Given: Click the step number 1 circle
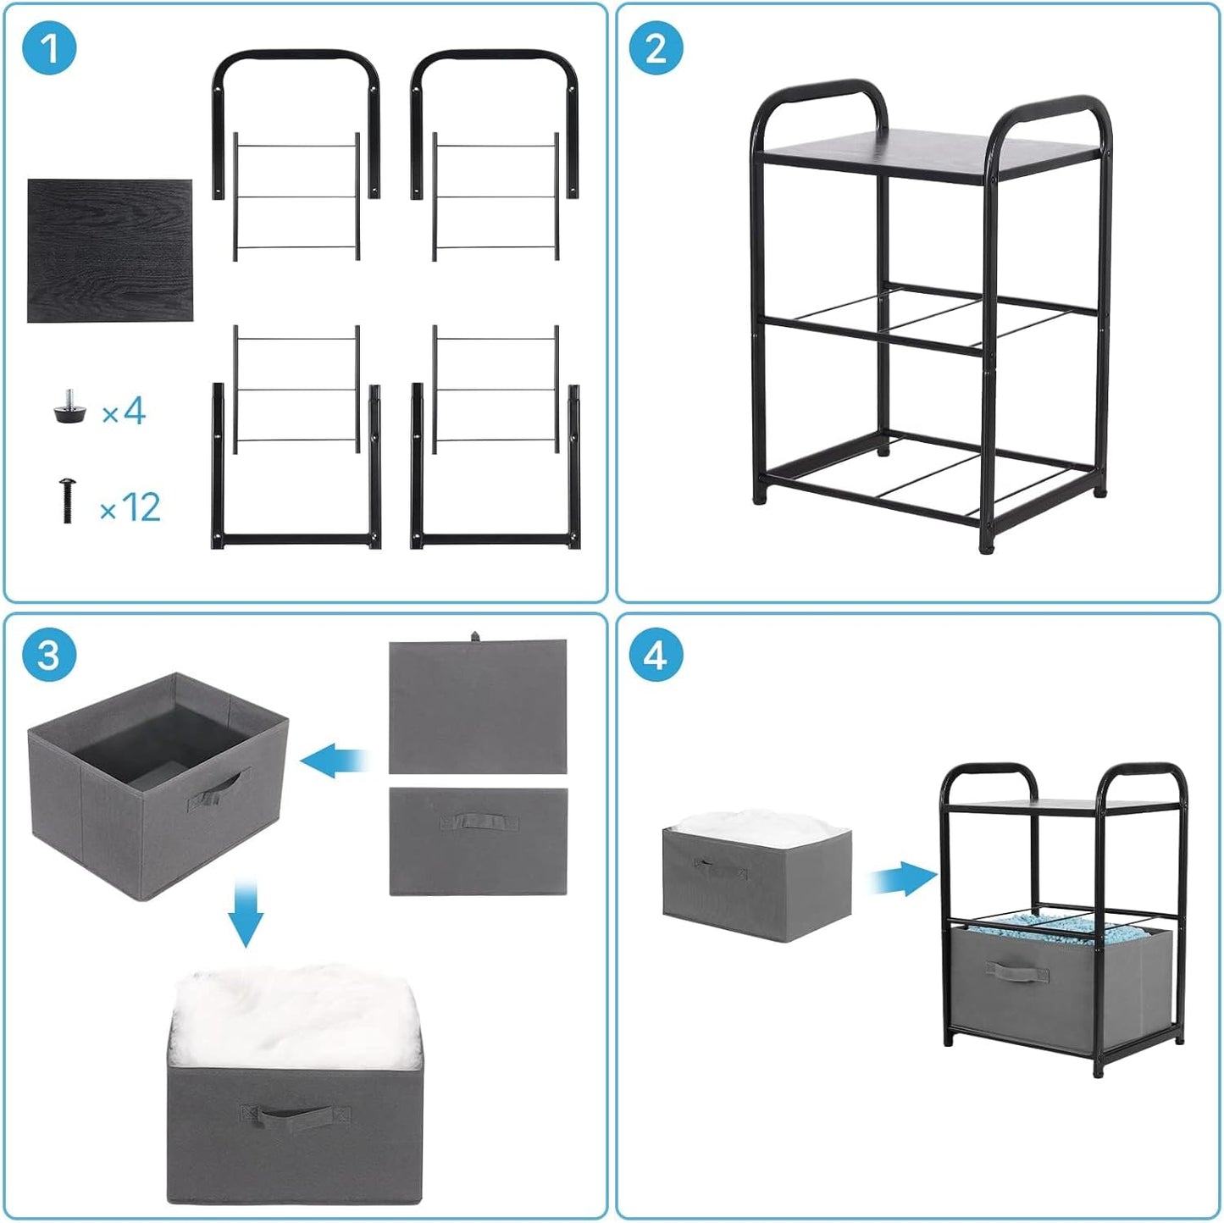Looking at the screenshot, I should (49, 48).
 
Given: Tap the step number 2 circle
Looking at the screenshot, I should (656, 48).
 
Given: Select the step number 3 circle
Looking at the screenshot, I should (49, 655).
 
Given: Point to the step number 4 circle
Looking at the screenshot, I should (656, 655).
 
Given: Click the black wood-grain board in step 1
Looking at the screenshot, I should (110, 251).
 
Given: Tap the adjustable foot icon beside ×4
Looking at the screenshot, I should (69, 407).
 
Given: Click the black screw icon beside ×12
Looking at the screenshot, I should (67, 500).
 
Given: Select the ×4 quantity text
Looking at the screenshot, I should (124, 412).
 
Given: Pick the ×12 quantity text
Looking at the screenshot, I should (130, 507).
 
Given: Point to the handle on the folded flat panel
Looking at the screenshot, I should (478, 822).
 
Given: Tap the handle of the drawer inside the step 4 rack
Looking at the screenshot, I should (1016, 971).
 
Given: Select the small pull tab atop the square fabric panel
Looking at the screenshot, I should (474, 635).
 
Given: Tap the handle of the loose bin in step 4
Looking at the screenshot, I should (720, 867).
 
